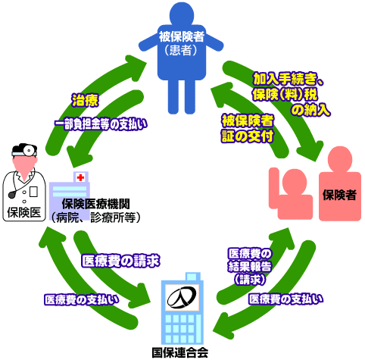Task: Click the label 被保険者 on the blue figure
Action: (181, 37)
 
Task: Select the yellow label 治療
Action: (83, 99)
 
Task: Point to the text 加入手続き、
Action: (289, 77)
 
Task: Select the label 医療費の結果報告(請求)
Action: (249, 265)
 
